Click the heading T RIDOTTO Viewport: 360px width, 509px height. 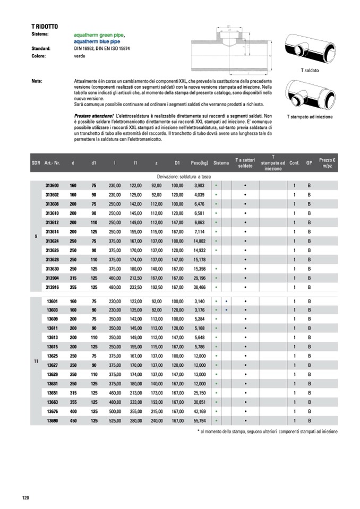45,25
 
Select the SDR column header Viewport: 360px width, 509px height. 36,163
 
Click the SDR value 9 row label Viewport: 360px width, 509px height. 36,237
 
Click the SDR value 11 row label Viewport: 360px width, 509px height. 36,361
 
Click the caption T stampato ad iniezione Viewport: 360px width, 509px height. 310,116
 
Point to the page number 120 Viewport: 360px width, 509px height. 25,497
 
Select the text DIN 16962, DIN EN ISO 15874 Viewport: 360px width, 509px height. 102,48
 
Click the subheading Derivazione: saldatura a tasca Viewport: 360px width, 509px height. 184,176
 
